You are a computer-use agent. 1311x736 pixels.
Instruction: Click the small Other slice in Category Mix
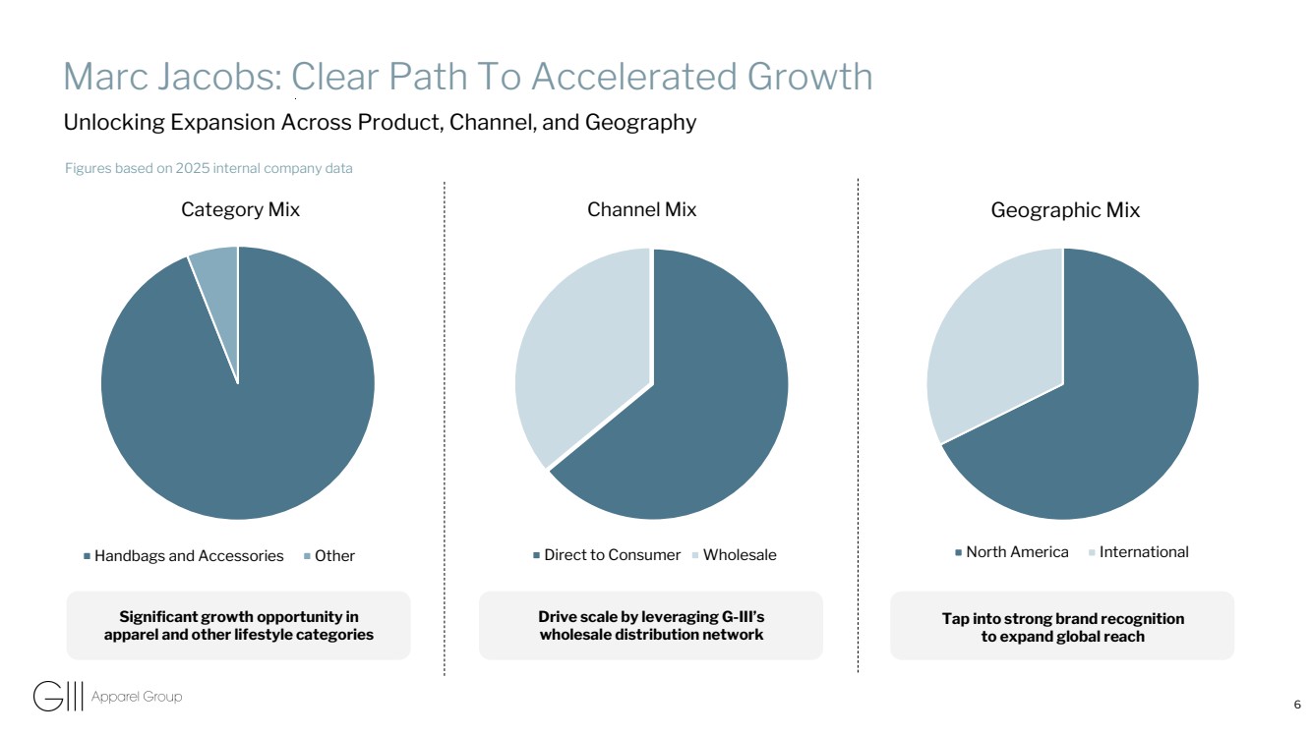(219, 292)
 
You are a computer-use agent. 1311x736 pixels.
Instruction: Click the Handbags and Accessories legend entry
(184, 556)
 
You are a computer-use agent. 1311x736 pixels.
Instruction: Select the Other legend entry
(329, 556)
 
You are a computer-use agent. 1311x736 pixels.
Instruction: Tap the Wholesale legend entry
(735, 555)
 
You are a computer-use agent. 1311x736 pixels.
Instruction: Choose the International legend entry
(1139, 552)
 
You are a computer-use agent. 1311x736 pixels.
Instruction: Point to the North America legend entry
(1012, 552)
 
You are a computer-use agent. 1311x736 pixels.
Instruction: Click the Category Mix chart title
(241, 210)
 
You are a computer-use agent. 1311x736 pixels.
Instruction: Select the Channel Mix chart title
(642, 210)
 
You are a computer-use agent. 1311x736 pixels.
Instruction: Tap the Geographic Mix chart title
(1065, 210)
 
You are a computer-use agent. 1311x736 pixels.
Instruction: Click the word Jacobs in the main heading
(220, 77)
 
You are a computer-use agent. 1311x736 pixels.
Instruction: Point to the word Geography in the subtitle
(641, 123)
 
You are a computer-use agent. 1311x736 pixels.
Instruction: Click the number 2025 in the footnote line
(193, 168)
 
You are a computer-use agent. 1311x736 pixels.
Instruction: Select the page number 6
(1297, 705)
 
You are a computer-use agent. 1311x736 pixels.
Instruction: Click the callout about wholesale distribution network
(651, 626)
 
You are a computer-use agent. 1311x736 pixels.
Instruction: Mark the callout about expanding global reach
(1062, 626)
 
